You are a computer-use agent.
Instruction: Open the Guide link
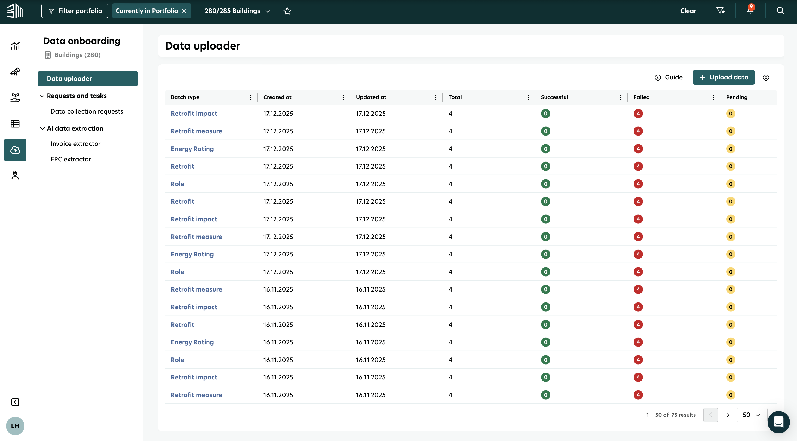[669, 77]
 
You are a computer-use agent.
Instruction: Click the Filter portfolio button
[75, 11]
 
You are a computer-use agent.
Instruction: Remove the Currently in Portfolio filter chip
[184, 11]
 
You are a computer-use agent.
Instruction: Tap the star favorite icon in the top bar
[287, 11]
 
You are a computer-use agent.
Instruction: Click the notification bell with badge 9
[750, 10]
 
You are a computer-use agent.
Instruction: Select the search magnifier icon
[780, 11]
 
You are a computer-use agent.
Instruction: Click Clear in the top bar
[688, 11]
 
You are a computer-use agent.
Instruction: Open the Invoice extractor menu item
[75, 143]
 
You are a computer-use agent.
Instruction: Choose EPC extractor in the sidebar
[70, 159]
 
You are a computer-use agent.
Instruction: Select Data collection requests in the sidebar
[87, 111]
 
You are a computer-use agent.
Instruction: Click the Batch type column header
[185, 97]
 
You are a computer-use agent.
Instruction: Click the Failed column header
[641, 97]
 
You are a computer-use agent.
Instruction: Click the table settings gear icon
[766, 78]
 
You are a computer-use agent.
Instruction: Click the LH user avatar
[15, 426]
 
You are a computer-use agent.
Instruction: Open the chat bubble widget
[778, 422]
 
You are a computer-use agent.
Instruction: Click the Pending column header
[737, 97]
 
